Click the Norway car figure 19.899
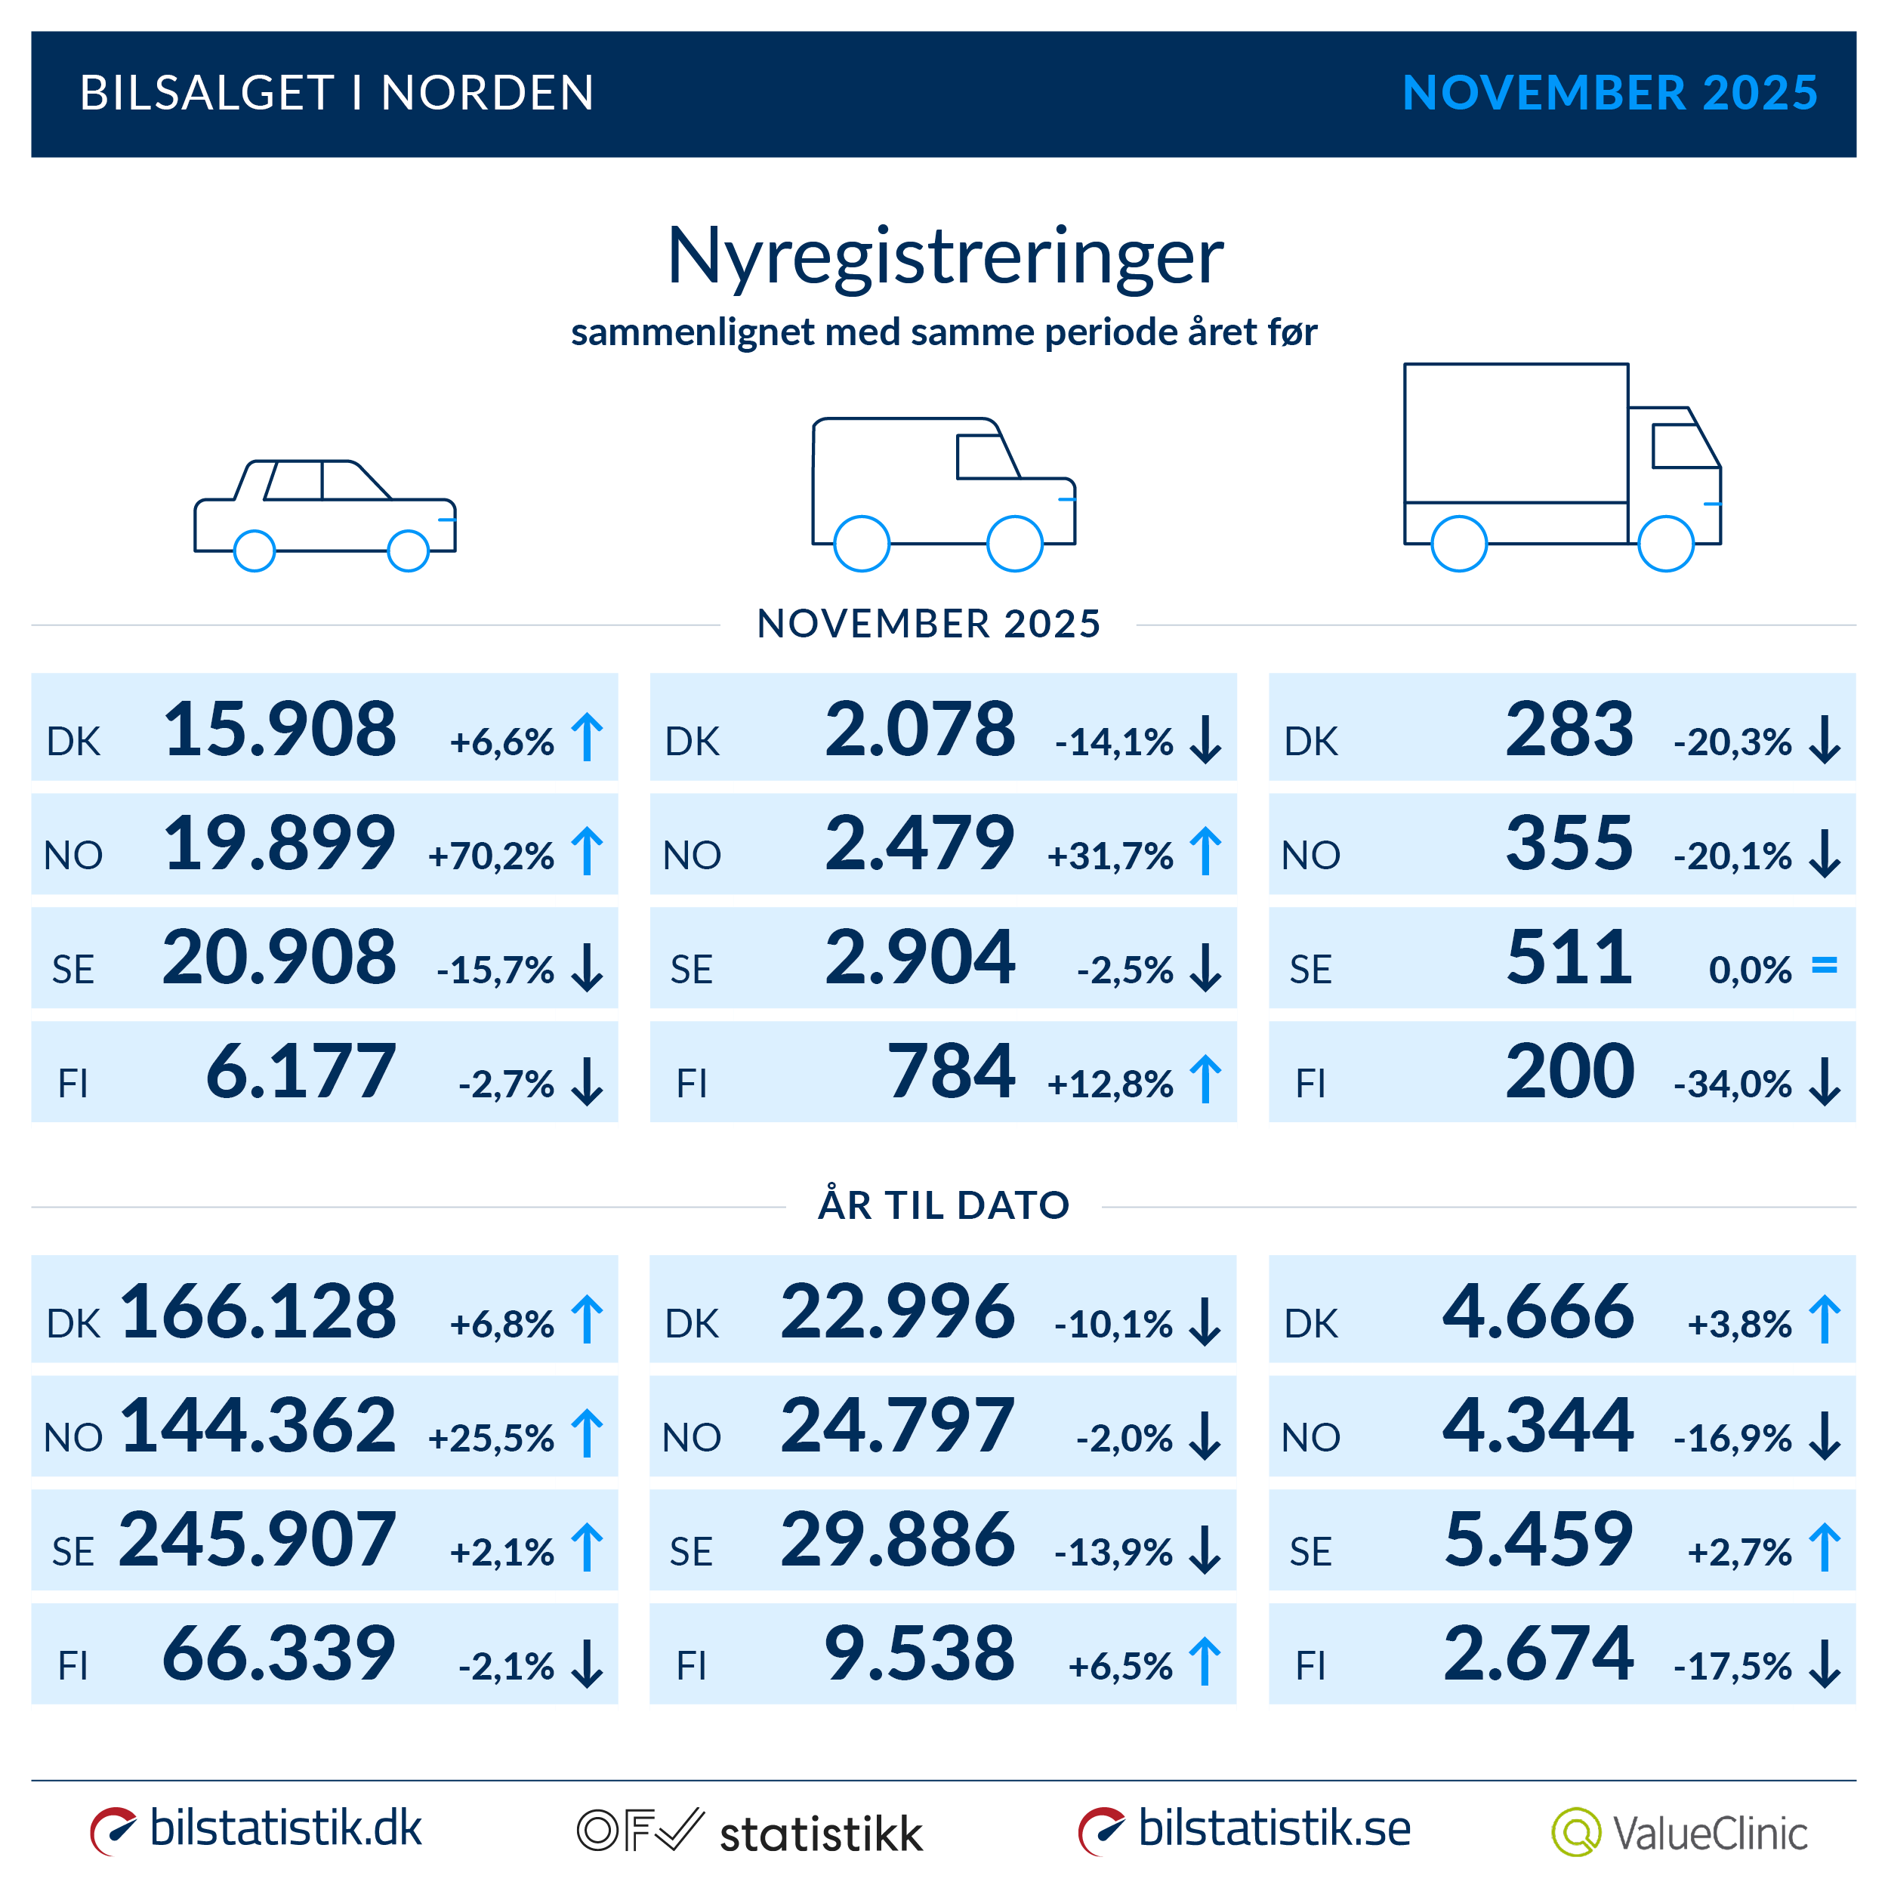(279, 844)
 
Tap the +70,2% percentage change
(491, 856)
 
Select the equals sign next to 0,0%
(1824, 965)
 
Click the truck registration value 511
(1569, 958)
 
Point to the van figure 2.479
(920, 844)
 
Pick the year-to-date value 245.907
(258, 1539)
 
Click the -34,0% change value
(1732, 1084)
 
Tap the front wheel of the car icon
(409, 551)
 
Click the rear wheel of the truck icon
(1458, 543)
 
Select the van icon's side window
(985, 456)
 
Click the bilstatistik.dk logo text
(285, 1828)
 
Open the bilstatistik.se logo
(1273, 1828)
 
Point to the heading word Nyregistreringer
(944, 256)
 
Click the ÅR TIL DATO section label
(944, 1205)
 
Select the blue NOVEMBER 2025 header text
(1609, 94)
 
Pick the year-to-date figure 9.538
(920, 1653)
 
